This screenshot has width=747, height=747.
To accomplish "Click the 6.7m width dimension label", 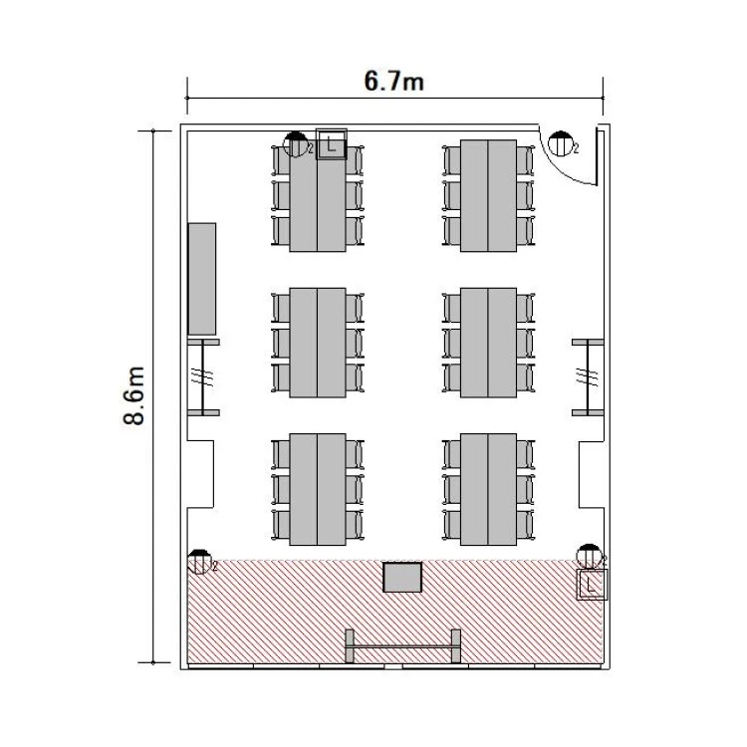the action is [394, 81].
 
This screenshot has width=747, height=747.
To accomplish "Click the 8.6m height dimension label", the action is [133, 395].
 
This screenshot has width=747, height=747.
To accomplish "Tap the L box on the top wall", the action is [331, 144].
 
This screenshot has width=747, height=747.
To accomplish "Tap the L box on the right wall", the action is [592, 584].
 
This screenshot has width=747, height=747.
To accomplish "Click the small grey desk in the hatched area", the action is [402, 578].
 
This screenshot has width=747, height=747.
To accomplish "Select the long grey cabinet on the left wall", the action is [202, 279].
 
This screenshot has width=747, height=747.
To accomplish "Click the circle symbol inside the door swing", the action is [560, 143].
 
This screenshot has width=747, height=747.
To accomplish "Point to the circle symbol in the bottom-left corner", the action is [199, 562].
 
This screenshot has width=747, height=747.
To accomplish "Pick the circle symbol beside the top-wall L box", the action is [296, 144].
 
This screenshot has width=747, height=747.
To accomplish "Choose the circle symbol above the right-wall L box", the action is [589, 557].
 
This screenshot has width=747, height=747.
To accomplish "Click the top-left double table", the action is [318, 196].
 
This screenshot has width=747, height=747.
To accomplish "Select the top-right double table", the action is [488, 196].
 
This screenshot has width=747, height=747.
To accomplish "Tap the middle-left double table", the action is [318, 343].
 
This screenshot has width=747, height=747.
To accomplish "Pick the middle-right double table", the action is [488, 343].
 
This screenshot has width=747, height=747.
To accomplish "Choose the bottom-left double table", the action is [318, 489].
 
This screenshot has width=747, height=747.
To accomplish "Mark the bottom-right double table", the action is [488, 489].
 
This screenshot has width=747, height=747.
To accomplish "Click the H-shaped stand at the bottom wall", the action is [402, 647].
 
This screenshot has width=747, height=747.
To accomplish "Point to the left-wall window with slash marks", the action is [203, 377].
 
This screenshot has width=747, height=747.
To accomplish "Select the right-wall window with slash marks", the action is [588, 377].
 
